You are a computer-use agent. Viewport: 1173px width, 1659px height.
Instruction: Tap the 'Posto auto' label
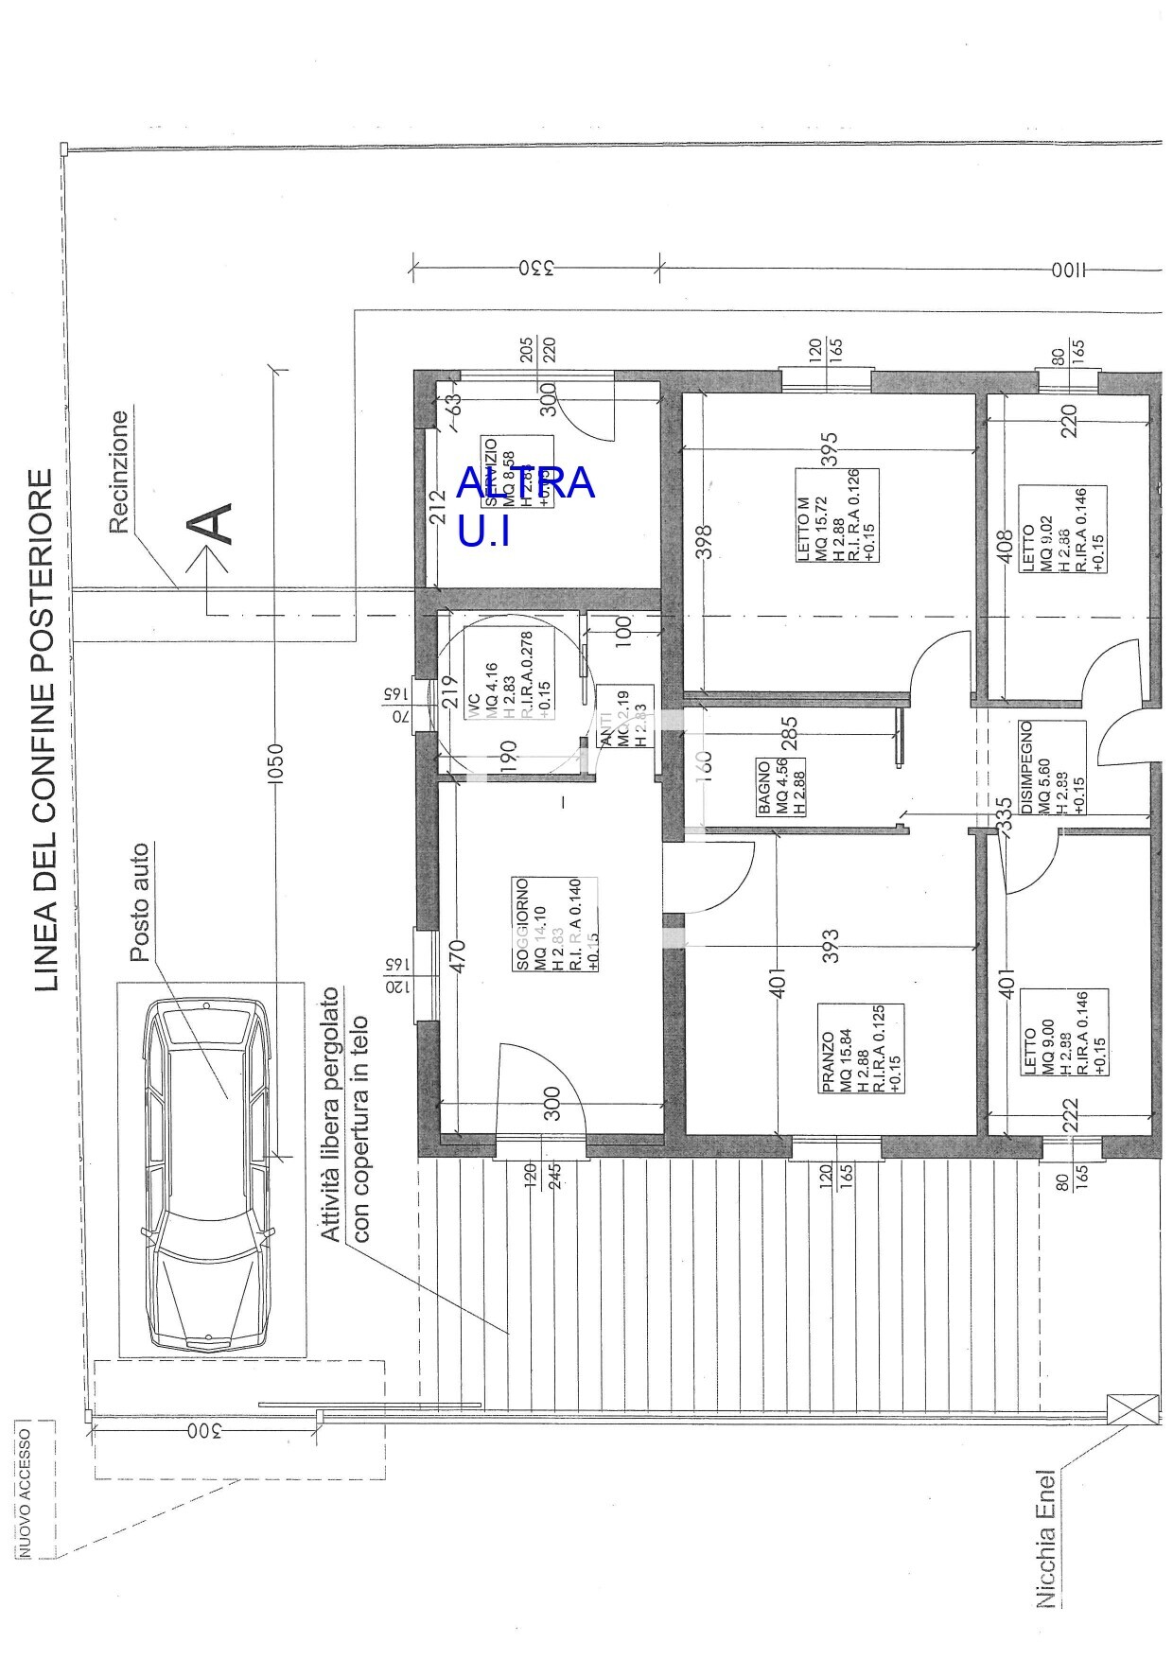tap(140, 903)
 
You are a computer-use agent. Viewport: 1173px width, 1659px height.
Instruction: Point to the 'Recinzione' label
tap(119, 472)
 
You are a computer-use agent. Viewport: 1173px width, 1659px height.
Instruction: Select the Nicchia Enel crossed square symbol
tap(1132, 1406)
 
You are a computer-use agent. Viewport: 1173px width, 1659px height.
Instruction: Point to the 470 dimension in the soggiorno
tap(457, 958)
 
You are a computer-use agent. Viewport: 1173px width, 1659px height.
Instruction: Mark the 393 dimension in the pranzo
tap(831, 945)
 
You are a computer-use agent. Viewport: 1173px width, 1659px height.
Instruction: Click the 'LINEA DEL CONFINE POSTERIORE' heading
tap(44, 731)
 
